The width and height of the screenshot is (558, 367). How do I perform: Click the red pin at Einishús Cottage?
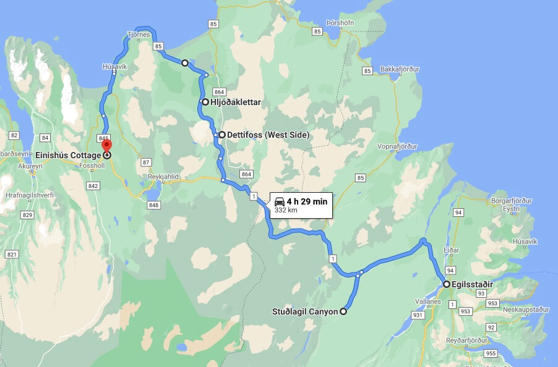[x=106, y=146]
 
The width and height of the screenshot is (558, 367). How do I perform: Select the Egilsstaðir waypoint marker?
[x=447, y=284]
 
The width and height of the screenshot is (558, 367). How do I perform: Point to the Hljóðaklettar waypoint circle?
[x=205, y=102]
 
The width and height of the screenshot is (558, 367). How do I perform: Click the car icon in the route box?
[x=280, y=201]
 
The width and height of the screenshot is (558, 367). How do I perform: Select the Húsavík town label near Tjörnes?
[x=114, y=67]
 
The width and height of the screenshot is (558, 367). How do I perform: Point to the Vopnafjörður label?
[x=397, y=146]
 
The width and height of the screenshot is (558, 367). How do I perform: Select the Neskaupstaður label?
[x=526, y=309]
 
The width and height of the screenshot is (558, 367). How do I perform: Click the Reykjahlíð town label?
[x=163, y=177]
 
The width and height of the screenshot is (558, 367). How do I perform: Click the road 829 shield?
[x=27, y=214]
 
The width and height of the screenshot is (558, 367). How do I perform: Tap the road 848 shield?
[x=154, y=205]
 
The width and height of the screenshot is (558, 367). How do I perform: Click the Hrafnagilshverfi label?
[x=28, y=194]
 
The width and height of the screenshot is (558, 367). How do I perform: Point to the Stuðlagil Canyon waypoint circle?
[x=343, y=311]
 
